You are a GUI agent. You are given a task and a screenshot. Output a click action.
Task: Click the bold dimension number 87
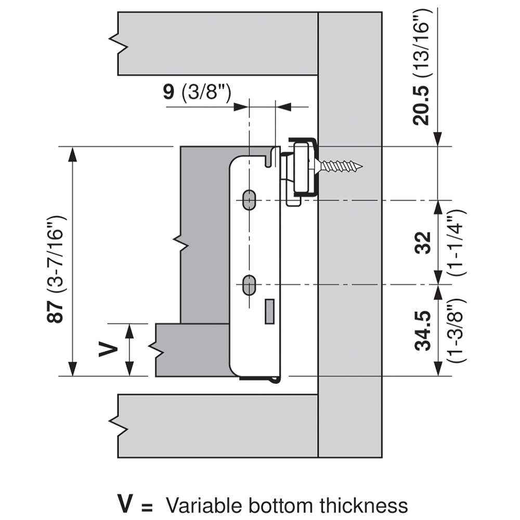[55, 311]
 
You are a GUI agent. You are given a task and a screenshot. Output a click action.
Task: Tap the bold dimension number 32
[423, 243]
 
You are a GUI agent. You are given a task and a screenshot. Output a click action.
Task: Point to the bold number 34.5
[423, 331]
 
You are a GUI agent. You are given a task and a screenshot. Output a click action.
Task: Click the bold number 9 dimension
[169, 92]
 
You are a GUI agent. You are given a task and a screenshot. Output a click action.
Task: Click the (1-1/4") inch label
[457, 243]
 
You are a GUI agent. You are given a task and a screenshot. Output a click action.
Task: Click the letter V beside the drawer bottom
[108, 350]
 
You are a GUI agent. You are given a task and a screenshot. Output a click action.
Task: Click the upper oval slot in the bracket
[249, 200]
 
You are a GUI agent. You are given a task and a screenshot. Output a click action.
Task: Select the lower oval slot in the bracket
[249, 285]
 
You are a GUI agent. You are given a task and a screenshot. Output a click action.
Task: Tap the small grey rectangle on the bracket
[269, 311]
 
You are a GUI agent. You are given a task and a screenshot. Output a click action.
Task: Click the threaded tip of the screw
[361, 166]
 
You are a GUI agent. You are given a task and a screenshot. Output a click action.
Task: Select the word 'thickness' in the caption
[363, 505]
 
